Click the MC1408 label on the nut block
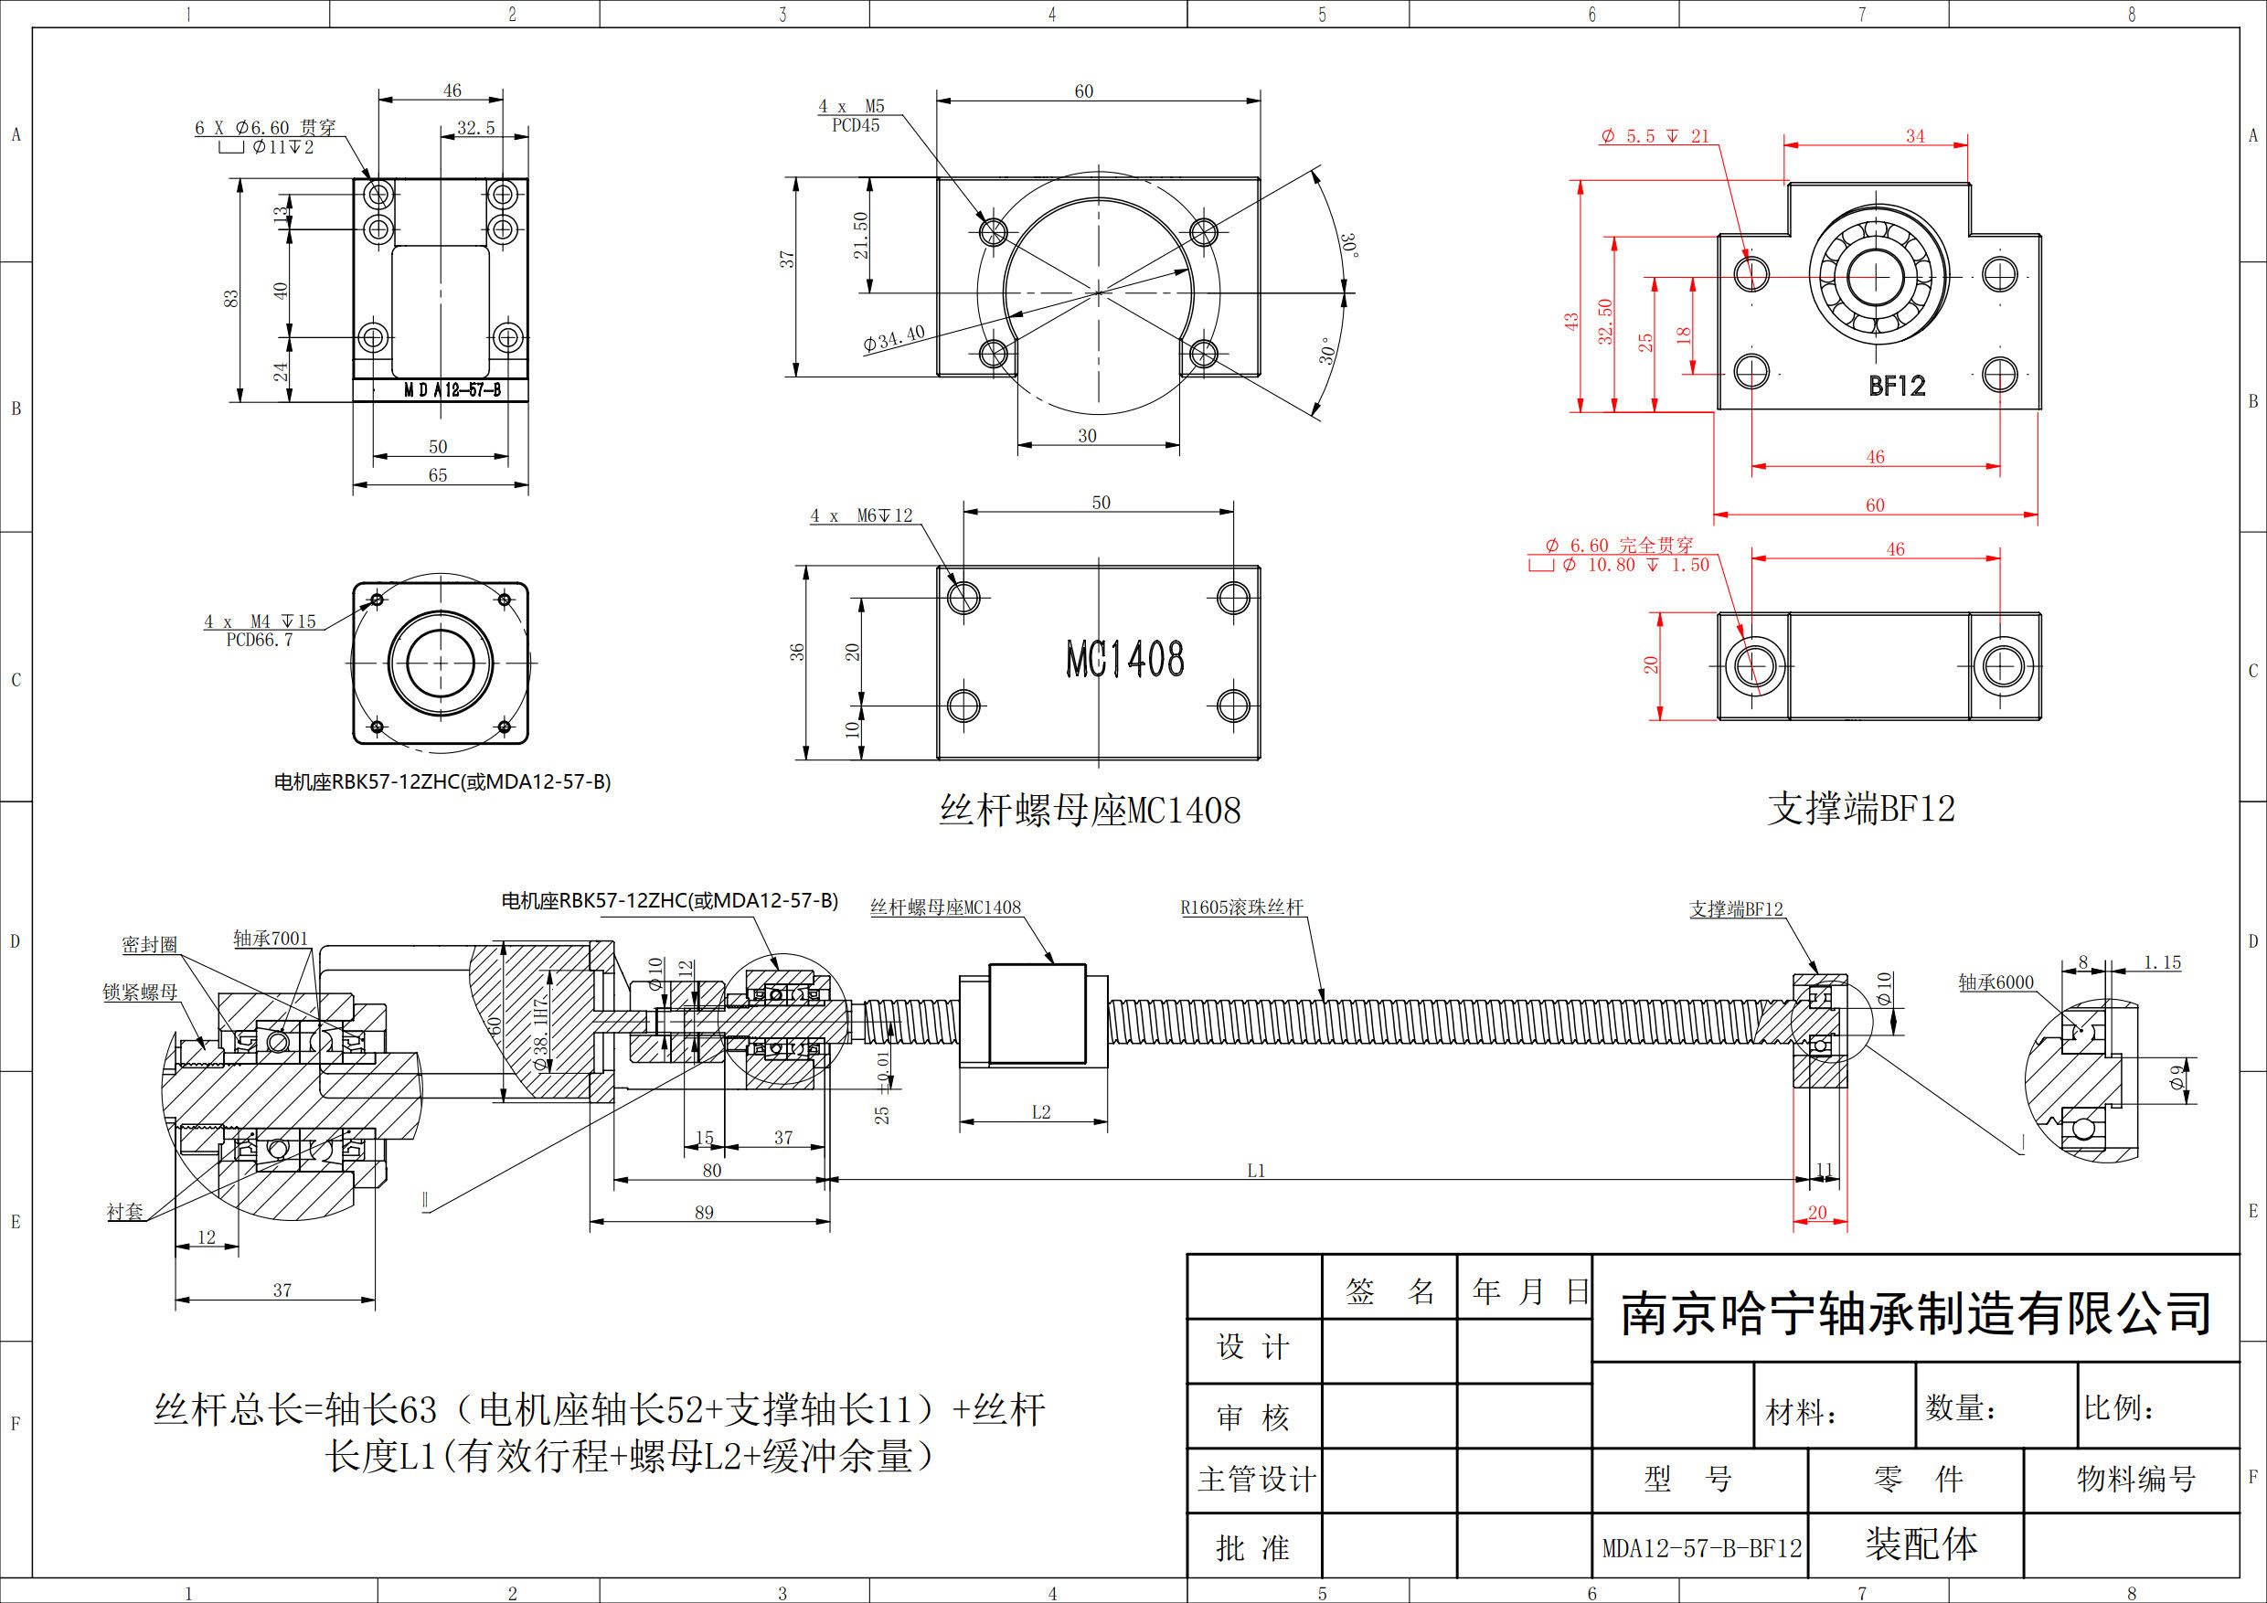click(1124, 659)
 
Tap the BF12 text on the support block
click(1897, 386)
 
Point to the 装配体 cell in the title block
click(1921, 1544)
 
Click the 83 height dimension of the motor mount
click(230, 298)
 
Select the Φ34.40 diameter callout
click(894, 338)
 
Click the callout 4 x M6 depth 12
click(861, 515)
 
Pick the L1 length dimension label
click(1256, 1171)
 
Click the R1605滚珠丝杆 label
click(1242, 908)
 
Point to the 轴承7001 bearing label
click(271, 939)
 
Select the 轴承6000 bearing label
click(1996, 982)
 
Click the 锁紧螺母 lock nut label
click(140, 992)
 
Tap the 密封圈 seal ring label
click(149, 945)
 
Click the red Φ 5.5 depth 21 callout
click(1654, 136)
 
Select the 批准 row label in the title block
click(1253, 1548)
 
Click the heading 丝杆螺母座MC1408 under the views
click(1090, 811)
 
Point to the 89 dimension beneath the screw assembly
click(704, 1212)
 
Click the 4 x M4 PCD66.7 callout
click(260, 630)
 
